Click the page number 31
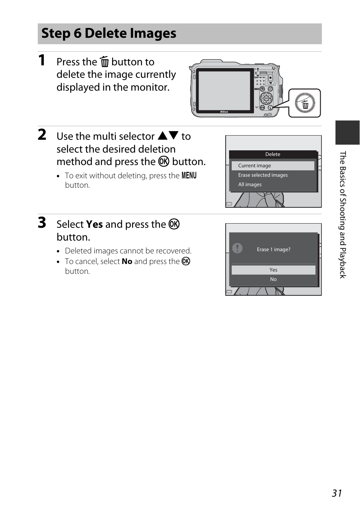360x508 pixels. (x=337, y=493)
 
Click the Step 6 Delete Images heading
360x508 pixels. (x=109, y=33)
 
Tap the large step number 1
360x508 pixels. (x=42, y=60)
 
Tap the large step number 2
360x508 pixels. (x=42, y=135)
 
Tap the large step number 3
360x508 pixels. (x=42, y=222)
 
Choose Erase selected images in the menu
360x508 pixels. (x=263, y=175)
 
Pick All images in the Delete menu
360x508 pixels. (x=250, y=185)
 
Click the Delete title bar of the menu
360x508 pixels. (x=273, y=154)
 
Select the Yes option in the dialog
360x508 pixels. (x=273, y=270)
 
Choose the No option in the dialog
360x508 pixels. (x=273, y=279)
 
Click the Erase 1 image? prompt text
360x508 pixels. (x=274, y=249)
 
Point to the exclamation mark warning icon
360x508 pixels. (x=237, y=248)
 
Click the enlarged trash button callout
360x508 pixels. (x=305, y=103)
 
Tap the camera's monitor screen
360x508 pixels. (x=225, y=91)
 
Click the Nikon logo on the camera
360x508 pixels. (x=224, y=112)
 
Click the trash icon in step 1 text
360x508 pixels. (x=104, y=62)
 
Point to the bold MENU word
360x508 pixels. (x=189, y=176)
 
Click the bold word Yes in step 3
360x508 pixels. (x=94, y=224)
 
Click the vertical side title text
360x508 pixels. (x=343, y=215)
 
